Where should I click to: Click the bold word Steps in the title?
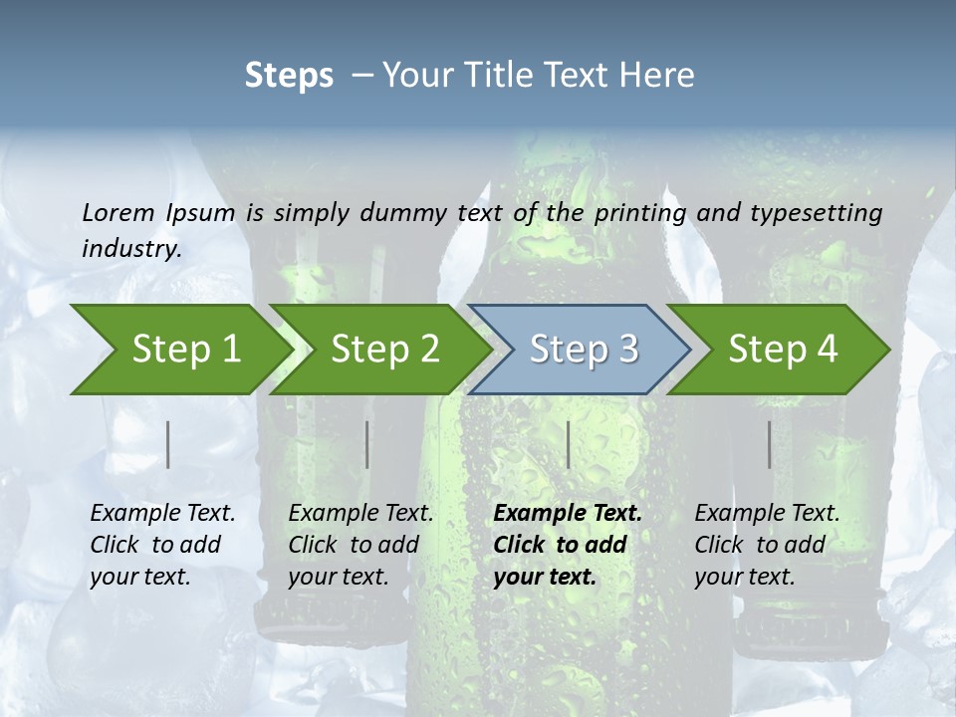point(289,76)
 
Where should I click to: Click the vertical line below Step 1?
point(168,444)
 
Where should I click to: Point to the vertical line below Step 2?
point(367,444)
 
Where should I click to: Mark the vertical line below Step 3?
point(568,444)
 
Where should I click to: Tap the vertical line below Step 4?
point(770,444)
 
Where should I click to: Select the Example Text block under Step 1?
point(162,545)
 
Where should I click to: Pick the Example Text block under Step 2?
point(360,545)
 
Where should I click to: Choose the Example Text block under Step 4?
point(767,545)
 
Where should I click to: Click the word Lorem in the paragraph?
point(118,212)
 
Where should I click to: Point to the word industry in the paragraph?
point(131,248)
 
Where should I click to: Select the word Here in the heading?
point(661,76)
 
